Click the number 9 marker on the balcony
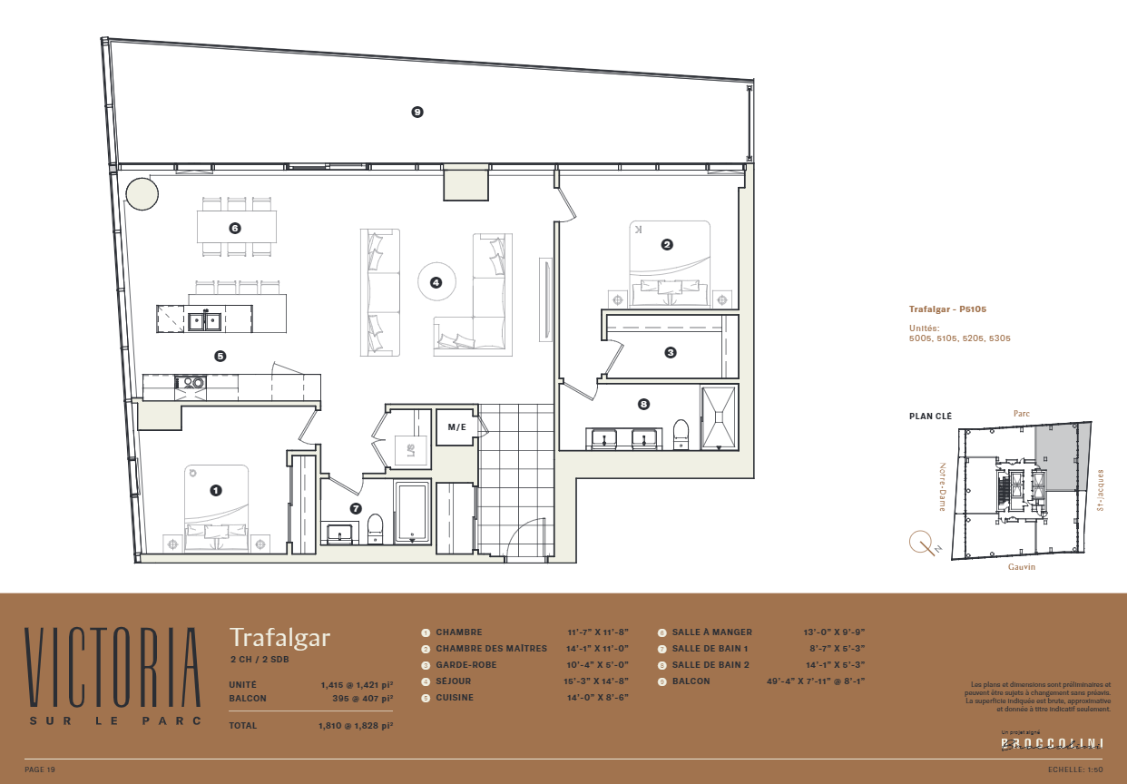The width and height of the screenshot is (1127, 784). click(417, 113)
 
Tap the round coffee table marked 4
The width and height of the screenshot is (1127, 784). click(436, 282)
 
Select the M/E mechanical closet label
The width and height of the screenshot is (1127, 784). click(456, 426)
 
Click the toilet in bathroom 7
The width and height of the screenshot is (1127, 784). click(374, 528)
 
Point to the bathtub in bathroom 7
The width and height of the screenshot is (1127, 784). click(413, 513)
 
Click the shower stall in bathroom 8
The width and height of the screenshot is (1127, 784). click(720, 417)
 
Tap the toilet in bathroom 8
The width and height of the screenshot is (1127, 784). click(681, 433)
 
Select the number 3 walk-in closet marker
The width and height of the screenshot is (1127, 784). click(671, 352)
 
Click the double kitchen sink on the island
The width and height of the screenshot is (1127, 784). click(205, 319)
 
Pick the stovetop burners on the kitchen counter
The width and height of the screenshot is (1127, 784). click(193, 383)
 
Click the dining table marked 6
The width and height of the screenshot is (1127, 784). click(236, 227)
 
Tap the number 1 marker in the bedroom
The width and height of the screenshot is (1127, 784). click(216, 490)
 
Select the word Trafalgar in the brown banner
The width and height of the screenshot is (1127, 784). click(279, 638)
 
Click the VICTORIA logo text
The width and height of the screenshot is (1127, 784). click(113, 667)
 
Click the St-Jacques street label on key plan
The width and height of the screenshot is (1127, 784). click(1101, 490)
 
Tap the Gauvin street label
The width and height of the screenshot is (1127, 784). click(1022, 567)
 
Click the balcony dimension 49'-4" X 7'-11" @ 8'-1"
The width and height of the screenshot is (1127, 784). click(816, 681)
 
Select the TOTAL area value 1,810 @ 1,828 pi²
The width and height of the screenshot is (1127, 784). click(356, 726)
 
